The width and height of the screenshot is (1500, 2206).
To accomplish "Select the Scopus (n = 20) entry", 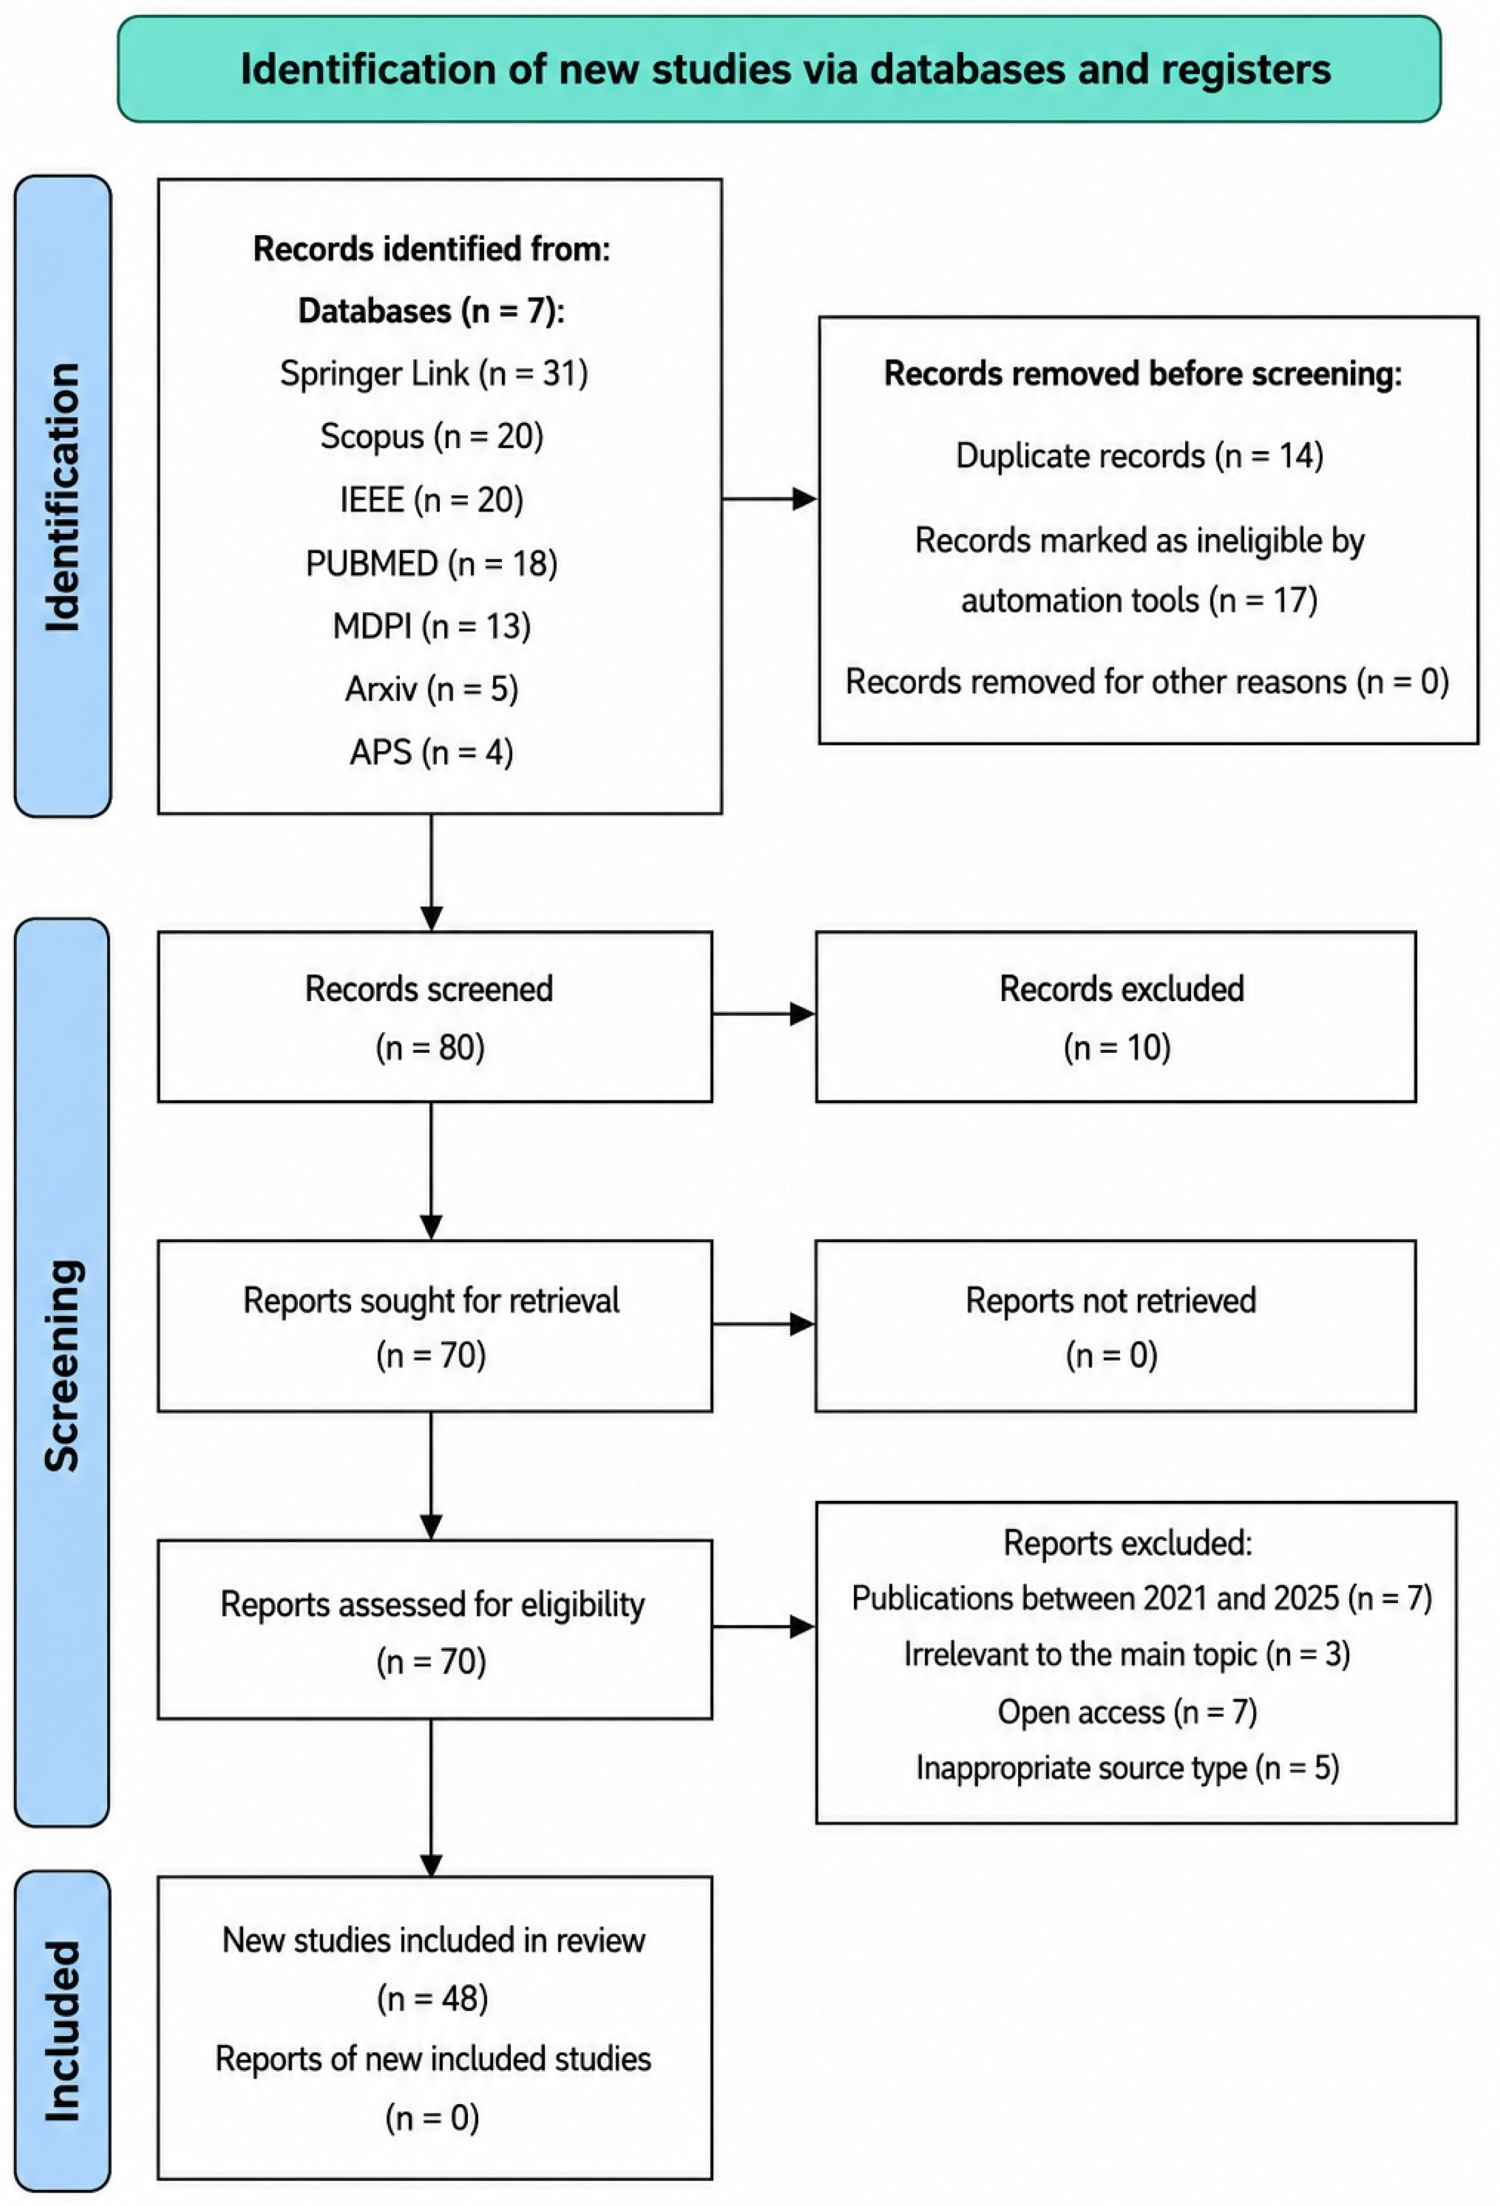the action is coord(432,436).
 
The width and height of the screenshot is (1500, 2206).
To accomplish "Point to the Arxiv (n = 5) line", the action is coord(432,688).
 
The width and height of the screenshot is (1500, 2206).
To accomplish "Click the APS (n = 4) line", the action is coord(432,752).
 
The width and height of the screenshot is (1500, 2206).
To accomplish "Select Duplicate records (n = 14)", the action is coord(1139,456).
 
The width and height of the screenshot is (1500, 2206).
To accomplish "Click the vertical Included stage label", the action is coord(63,2030).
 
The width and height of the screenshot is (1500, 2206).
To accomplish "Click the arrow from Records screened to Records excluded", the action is coord(763,1014).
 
